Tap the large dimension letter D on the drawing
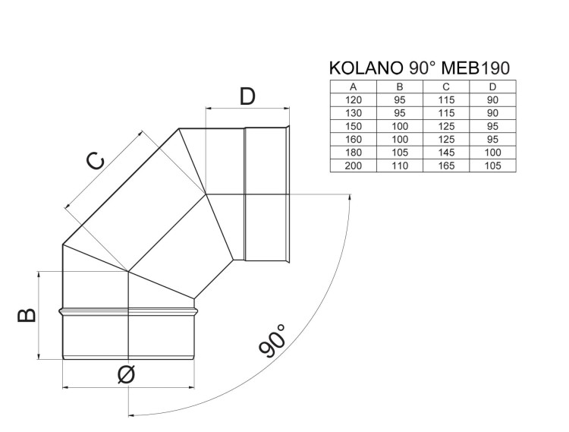247,96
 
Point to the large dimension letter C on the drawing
94,162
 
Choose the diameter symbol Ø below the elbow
127,374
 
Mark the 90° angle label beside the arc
272,339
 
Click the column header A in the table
353,87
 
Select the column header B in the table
400,87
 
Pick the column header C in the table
446,87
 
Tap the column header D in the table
493,87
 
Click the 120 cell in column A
353,99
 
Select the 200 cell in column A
353,165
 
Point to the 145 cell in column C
446,152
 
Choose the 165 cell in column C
446,165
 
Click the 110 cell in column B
400,165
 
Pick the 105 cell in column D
493,165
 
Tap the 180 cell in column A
353,152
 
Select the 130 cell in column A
353,112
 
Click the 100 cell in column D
493,152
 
